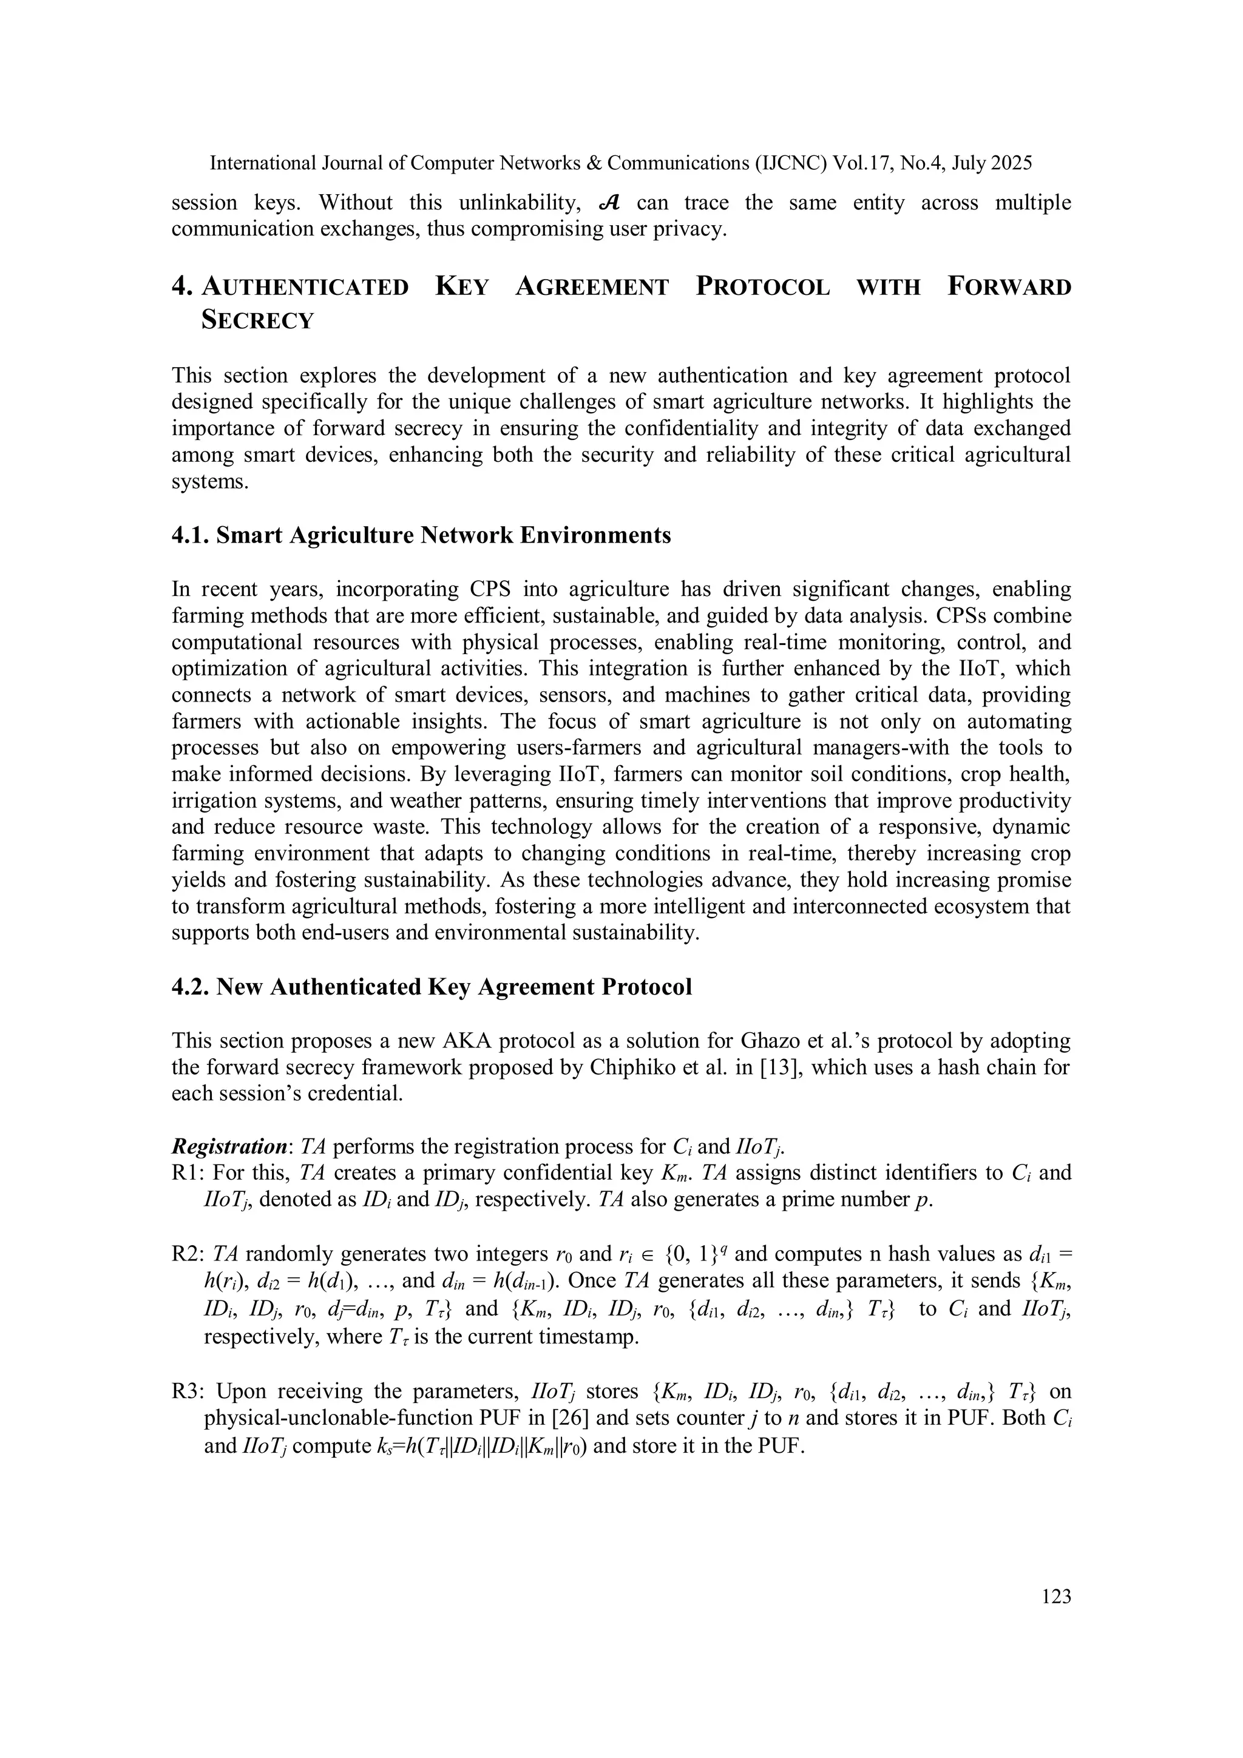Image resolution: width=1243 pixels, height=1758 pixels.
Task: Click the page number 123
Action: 1056,1597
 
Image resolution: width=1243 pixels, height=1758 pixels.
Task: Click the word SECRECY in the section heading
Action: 257,320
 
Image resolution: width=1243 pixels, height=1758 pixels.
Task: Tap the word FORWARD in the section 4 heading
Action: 1009,287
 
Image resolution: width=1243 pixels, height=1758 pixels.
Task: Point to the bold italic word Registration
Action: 228,1147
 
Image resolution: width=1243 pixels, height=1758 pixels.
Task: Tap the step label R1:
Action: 188,1173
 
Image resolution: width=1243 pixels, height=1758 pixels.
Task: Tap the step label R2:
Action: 188,1254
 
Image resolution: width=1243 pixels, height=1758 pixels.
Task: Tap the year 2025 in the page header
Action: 1012,163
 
